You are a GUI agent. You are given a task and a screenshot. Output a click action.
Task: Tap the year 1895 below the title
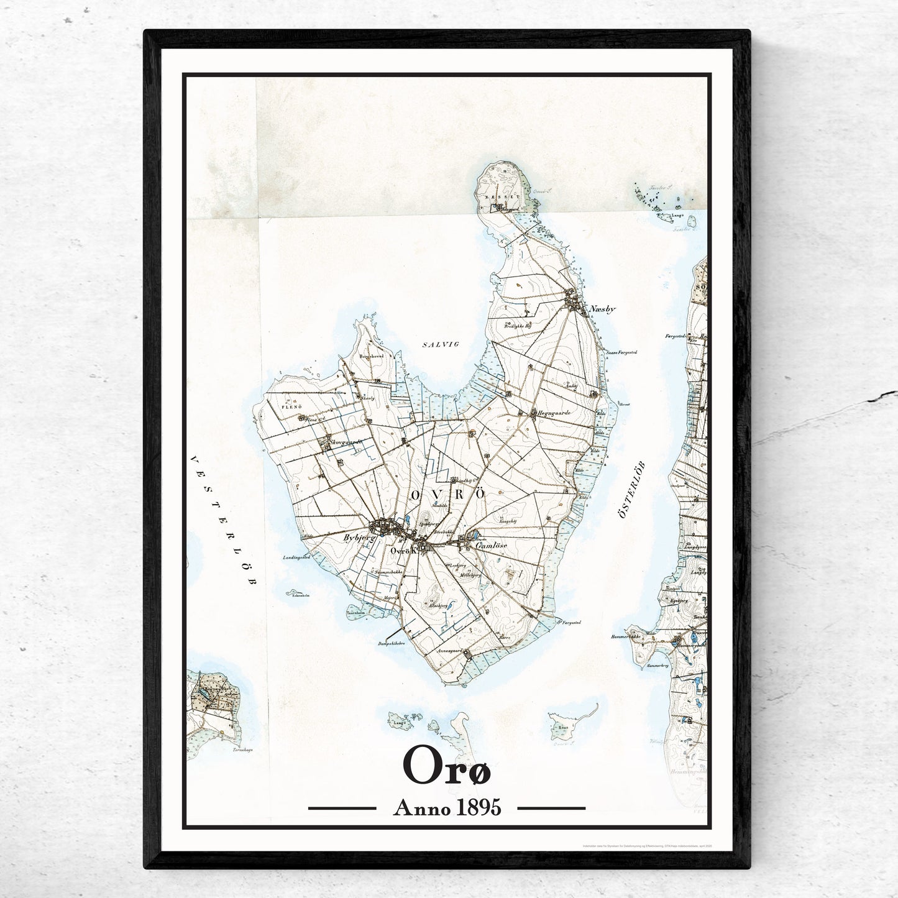point(478,808)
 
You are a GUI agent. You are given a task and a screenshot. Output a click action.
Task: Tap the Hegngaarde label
point(554,411)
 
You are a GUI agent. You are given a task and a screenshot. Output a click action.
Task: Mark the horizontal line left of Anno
point(342,809)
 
